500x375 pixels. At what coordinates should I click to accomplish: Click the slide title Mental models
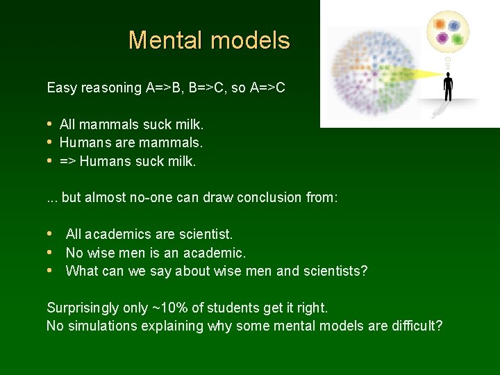tap(209, 40)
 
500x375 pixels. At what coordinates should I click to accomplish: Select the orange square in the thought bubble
tap(439, 24)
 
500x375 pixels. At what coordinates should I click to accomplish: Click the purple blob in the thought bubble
tap(442, 39)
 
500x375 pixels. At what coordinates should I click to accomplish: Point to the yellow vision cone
tap(410, 73)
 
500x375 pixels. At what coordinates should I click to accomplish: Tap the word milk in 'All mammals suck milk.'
tap(189, 124)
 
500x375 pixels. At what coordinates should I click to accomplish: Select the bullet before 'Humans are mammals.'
tap(50, 143)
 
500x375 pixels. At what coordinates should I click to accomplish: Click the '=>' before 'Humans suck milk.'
tap(68, 162)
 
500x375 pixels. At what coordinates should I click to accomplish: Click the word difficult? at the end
tap(416, 326)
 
